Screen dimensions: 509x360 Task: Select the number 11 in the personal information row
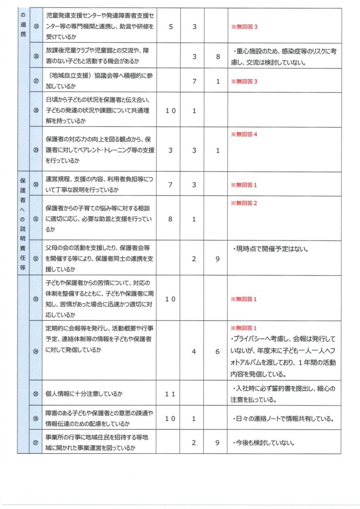tap(171, 394)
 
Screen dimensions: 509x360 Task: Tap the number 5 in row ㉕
tap(171, 26)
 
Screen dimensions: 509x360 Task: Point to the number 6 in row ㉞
tap(217, 351)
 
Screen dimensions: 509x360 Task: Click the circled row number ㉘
tap(36, 110)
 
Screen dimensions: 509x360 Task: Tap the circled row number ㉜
tap(36, 258)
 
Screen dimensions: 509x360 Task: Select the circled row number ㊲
tap(36, 442)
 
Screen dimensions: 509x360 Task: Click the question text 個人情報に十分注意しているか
tap(84, 394)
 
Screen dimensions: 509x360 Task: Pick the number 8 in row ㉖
tap(217, 57)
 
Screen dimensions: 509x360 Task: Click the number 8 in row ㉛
tap(171, 219)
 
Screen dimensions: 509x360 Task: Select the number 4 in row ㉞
tap(194, 351)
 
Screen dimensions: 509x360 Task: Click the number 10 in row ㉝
tap(171, 299)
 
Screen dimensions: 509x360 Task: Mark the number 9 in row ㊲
tap(217, 442)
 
